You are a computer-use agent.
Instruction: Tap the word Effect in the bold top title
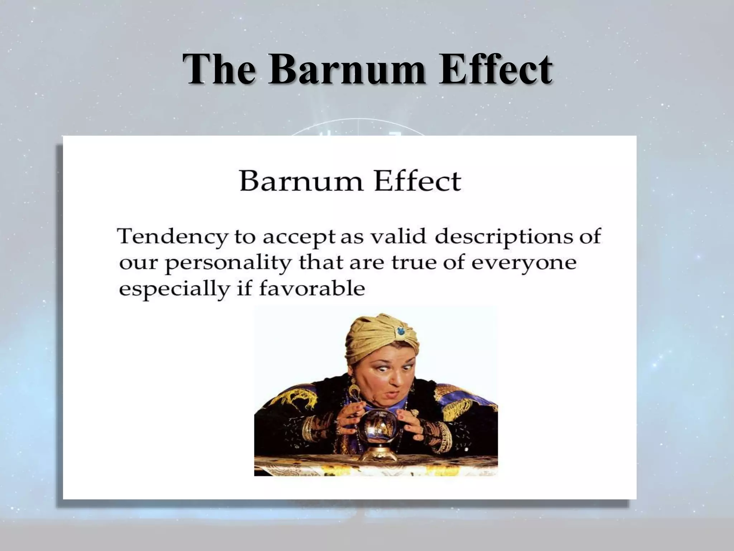click(x=496, y=69)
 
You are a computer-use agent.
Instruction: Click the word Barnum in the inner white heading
click(x=300, y=182)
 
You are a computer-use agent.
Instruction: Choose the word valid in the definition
click(x=399, y=237)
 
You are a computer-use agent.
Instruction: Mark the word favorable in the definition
click(x=311, y=288)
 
